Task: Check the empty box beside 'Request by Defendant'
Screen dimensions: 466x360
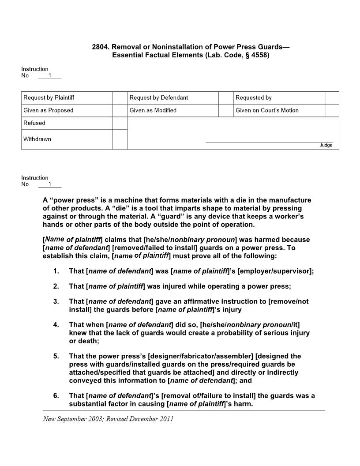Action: [226, 98]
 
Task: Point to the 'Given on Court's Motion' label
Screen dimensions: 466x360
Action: [267, 110]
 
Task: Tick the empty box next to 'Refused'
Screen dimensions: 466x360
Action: [120, 123]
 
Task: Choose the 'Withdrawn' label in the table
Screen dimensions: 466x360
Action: [37, 139]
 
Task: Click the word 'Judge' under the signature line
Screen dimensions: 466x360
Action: [326, 145]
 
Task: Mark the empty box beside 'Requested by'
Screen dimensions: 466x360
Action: [332, 98]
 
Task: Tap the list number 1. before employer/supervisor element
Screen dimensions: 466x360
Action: [56, 271]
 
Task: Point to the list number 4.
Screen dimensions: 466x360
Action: [56, 325]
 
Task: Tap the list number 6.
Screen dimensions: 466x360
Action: [56, 396]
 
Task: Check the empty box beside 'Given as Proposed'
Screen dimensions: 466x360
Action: [120, 110]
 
